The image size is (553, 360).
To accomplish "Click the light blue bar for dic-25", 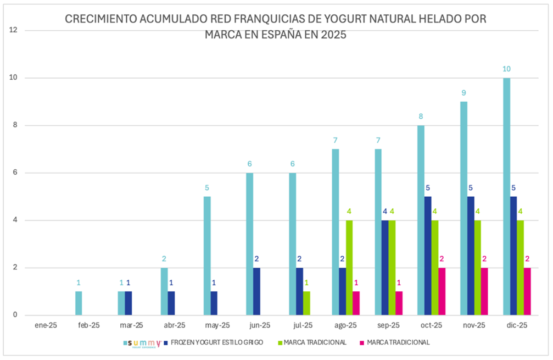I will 507,197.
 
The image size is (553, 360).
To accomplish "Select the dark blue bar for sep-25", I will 385,268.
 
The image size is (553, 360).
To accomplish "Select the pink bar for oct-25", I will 442,292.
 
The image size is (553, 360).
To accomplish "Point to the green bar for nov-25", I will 478,268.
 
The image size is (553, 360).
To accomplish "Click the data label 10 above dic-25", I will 506,69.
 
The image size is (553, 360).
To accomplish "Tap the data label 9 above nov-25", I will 464,92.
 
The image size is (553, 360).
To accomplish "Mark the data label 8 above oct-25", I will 421,116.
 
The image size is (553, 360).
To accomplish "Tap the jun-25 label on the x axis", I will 258,325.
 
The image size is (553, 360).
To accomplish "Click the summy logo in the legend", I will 144,343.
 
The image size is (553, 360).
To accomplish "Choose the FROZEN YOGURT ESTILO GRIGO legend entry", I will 216,342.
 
